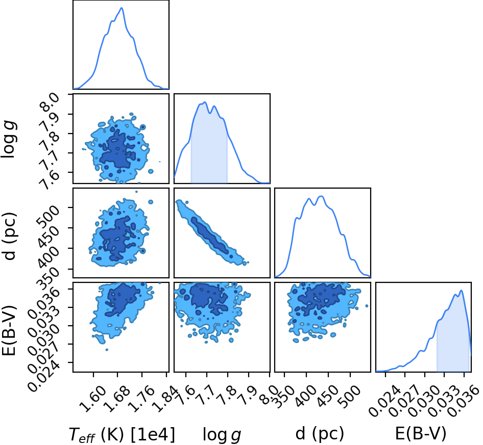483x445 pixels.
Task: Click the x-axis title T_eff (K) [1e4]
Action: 122,434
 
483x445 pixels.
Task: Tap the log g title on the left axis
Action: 9,139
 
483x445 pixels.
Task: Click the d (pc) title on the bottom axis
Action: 320,434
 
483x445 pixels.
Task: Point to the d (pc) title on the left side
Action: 9,236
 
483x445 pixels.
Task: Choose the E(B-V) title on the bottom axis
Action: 421,434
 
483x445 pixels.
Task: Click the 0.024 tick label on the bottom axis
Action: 385,401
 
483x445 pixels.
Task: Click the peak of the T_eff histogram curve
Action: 122,8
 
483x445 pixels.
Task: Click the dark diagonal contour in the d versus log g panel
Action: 211,235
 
